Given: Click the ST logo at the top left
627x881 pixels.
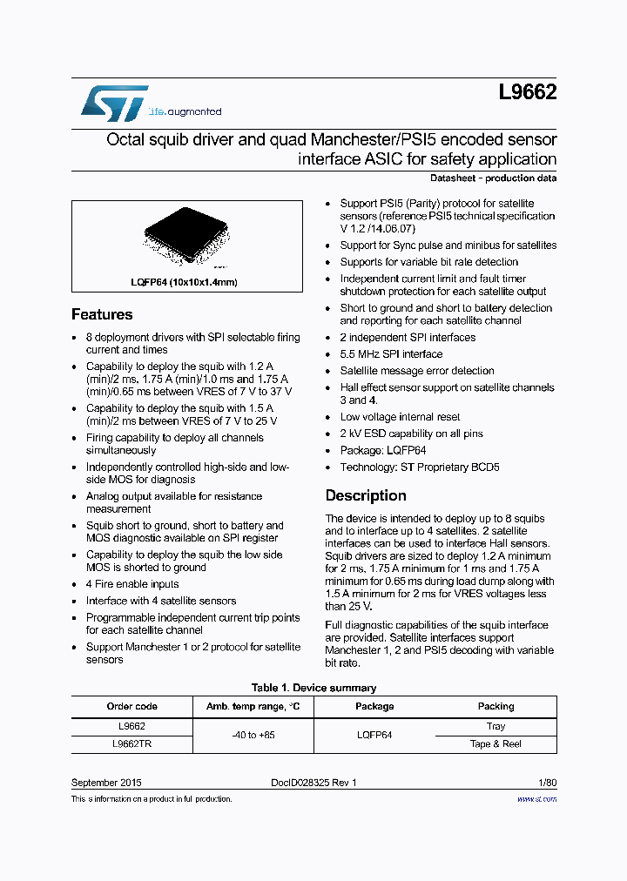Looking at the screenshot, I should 115,104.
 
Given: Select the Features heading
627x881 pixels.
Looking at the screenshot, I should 102,314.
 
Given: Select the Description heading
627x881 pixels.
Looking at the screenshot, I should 366,495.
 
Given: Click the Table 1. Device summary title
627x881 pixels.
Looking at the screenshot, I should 313,688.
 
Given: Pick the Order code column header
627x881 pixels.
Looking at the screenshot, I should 131,706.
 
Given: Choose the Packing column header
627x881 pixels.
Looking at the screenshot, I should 496,706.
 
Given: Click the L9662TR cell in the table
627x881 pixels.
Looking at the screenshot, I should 131,744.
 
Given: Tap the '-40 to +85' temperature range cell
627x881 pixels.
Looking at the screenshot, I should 253,735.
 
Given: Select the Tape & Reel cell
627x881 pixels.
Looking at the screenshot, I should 496,744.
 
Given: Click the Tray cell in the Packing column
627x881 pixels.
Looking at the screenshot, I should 496,726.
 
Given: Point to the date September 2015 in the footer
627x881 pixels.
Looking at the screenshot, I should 106,783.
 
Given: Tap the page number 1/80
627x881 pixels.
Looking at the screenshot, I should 544,783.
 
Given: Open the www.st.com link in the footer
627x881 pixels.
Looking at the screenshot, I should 536,798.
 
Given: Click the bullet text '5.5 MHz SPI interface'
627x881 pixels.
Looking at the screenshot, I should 391,354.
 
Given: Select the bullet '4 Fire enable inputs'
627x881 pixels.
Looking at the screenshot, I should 132,584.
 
